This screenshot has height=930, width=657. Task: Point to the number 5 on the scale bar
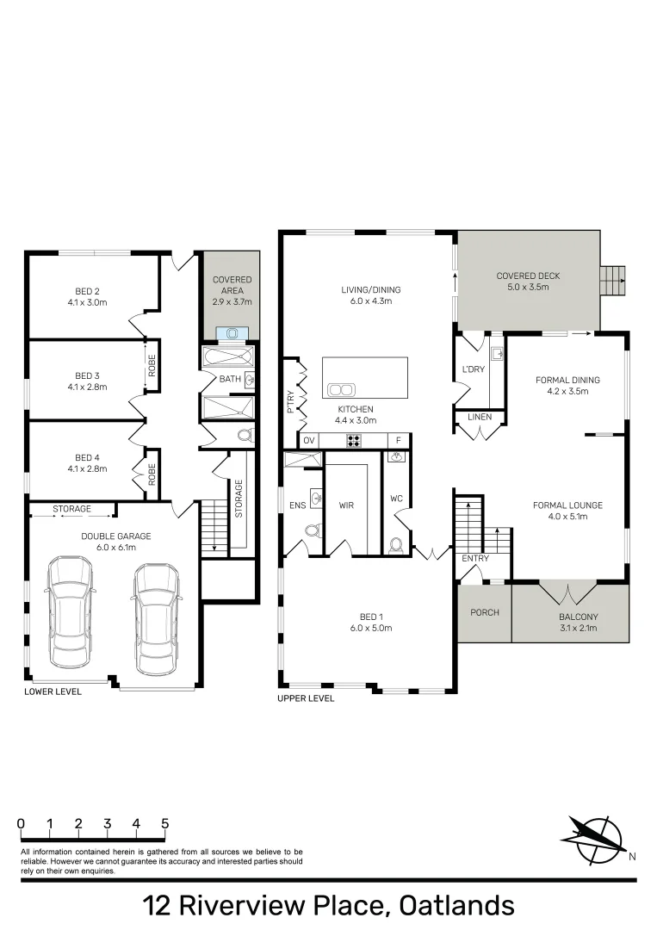click(164, 823)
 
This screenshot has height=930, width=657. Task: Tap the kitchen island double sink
click(342, 387)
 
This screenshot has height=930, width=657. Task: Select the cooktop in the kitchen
click(353, 441)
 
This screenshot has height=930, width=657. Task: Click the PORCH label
click(483, 613)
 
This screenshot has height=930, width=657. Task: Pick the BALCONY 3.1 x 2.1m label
click(569, 623)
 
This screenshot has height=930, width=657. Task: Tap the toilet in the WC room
click(396, 545)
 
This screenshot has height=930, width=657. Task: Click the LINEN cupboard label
click(480, 418)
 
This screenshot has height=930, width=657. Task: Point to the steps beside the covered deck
click(612, 280)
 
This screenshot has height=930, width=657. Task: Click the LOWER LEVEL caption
click(53, 691)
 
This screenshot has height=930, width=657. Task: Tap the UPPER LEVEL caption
click(306, 698)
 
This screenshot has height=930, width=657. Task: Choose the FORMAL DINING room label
click(567, 385)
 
